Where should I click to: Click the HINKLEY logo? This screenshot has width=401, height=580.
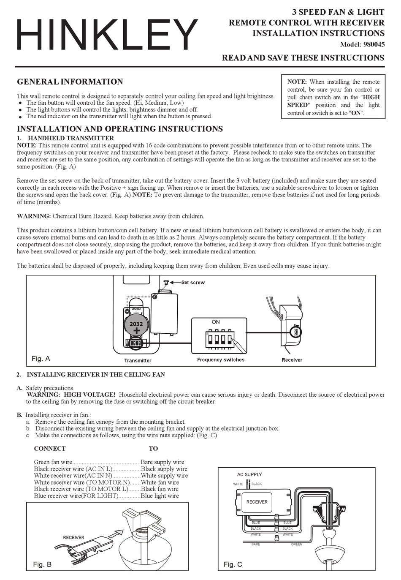click(107, 35)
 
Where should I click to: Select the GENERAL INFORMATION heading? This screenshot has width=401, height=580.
click(70, 82)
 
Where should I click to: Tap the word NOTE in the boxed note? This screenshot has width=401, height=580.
click(297, 82)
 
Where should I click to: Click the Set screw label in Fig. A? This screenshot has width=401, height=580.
click(193, 283)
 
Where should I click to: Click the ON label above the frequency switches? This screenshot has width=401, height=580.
click(216, 322)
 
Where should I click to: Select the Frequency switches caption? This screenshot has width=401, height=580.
click(221, 359)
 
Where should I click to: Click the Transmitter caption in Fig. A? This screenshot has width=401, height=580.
click(138, 360)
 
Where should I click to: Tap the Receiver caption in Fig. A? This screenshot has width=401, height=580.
click(292, 360)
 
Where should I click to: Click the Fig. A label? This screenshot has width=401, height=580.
click(41, 358)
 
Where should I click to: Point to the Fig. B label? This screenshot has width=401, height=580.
click(42, 564)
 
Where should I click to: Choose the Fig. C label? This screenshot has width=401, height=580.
click(233, 564)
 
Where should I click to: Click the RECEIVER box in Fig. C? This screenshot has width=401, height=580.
click(257, 502)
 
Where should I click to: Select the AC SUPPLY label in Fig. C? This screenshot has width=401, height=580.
click(249, 474)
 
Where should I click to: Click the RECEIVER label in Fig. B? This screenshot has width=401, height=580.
click(73, 537)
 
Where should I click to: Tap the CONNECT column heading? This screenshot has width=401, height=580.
click(50, 449)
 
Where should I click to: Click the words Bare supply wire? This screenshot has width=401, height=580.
click(163, 462)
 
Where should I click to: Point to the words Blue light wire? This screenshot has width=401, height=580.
click(160, 496)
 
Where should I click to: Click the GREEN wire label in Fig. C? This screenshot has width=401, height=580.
click(297, 544)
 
